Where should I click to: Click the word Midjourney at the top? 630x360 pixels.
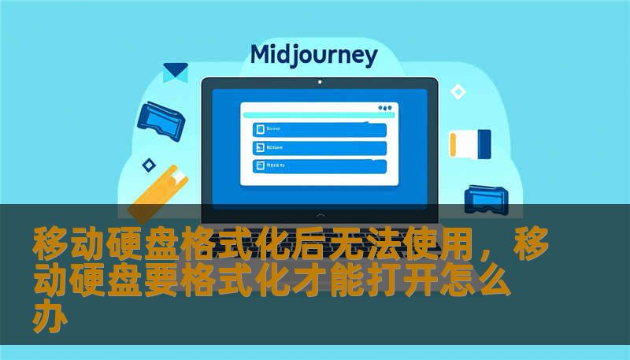tap(313, 55)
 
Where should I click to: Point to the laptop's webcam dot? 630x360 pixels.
tap(319, 81)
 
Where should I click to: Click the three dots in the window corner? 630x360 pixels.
tap(384, 108)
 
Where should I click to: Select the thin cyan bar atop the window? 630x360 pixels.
tap(315, 117)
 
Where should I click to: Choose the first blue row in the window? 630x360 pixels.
tap(319, 129)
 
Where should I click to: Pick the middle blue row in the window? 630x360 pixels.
tap(319, 147)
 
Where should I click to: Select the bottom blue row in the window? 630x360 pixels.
tap(319, 166)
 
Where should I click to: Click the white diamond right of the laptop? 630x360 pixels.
tap(458, 92)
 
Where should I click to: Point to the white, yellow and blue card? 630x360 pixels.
tap(469, 143)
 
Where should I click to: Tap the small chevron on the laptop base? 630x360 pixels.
tap(320, 214)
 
